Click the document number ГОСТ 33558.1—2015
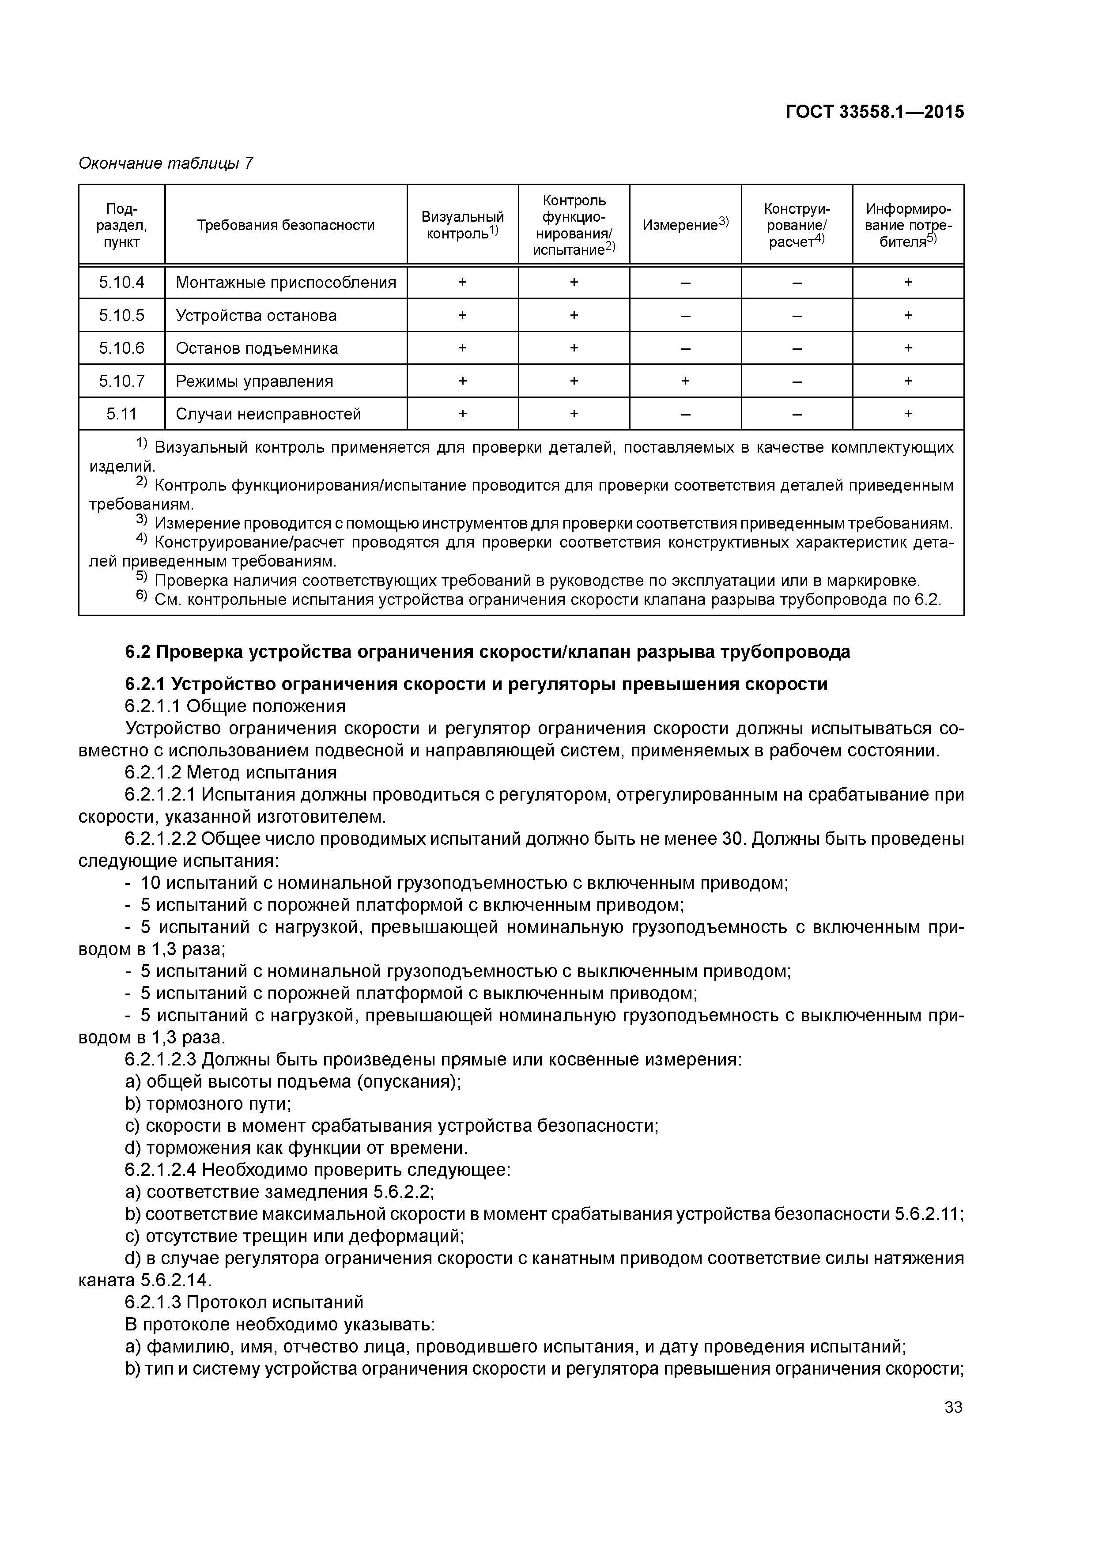[x=874, y=112]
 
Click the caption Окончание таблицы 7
[x=166, y=163]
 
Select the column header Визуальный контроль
[x=462, y=225]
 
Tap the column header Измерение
[x=685, y=225]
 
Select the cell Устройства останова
[x=256, y=315]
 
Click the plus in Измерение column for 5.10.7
[x=685, y=381]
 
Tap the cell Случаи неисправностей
[x=268, y=414]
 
